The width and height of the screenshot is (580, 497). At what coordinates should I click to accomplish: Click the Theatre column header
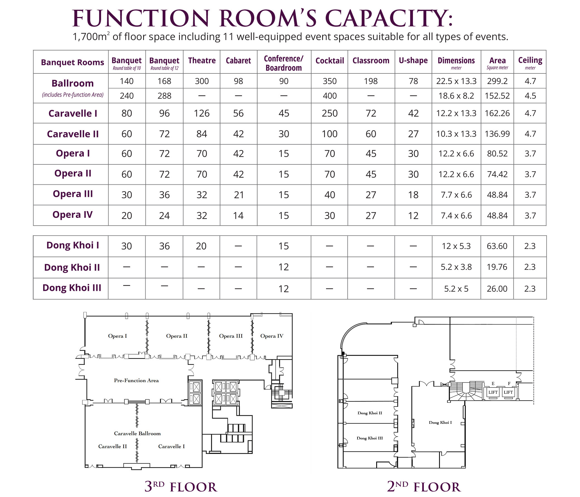pyautogui.click(x=202, y=61)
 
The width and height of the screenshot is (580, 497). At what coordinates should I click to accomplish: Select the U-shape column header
pyautogui.click(x=413, y=61)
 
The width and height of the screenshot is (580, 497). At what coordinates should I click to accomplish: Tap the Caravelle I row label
pyautogui.click(x=73, y=113)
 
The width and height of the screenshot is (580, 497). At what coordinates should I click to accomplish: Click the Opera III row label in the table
pyautogui.click(x=73, y=194)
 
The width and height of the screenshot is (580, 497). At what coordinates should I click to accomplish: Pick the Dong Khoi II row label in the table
pyautogui.click(x=72, y=268)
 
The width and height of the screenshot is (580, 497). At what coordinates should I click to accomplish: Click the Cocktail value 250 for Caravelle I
pyautogui.click(x=329, y=113)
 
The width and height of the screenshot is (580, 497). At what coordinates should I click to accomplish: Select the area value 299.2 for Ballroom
pyautogui.click(x=497, y=81)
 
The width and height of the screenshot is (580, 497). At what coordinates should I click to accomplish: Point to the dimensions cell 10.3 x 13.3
pyautogui.click(x=456, y=134)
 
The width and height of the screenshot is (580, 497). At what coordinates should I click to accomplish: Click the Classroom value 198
pyautogui.click(x=371, y=81)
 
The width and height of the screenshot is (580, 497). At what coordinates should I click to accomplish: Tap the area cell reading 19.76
pyautogui.click(x=497, y=267)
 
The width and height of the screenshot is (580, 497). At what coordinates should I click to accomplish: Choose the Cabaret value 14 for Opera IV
pyautogui.click(x=238, y=216)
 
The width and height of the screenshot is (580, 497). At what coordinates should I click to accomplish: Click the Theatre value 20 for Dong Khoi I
pyautogui.click(x=201, y=246)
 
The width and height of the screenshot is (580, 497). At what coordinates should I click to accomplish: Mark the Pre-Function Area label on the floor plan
pyautogui.click(x=136, y=380)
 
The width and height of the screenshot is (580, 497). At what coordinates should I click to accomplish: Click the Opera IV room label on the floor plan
pyautogui.click(x=271, y=336)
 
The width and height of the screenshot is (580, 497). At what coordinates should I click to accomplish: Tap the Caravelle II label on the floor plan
pyautogui.click(x=112, y=446)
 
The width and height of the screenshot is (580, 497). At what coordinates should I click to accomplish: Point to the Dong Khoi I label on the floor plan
pyautogui.click(x=440, y=422)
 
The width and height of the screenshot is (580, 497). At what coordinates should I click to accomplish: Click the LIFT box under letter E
pyautogui.click(x=493, y=392)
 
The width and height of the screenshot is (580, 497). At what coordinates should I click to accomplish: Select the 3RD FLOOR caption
pyautogui.click(x=181, y=487)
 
